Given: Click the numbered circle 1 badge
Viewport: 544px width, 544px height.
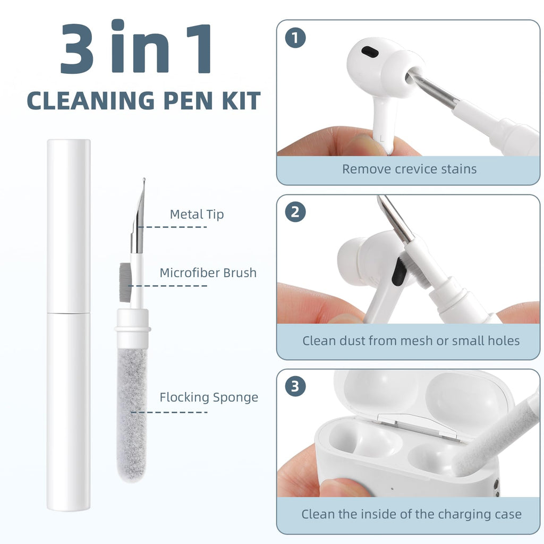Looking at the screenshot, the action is [295, 38].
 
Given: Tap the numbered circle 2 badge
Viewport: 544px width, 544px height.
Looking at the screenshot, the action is [295, 212].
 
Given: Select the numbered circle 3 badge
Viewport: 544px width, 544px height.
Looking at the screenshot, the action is [295, 386].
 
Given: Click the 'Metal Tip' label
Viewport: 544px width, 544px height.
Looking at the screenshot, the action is [197, 215].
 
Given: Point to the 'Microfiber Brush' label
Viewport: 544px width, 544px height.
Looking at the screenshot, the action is [208, 273].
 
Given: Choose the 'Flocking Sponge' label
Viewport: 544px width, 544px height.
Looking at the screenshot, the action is [209, 397].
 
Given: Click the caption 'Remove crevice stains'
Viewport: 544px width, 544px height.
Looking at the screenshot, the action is [410, 169].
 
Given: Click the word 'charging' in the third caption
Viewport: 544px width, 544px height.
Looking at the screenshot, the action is [464, 514].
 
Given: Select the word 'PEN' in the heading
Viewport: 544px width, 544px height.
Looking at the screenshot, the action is [188, 100].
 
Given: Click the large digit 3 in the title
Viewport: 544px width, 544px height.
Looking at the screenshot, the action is [77, 48].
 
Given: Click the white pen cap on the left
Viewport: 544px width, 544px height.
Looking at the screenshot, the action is [69, 226].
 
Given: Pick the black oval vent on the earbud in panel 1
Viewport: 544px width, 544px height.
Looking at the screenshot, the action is [370, 52].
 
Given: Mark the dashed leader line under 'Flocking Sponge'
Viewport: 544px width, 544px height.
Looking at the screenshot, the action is [169, 412].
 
